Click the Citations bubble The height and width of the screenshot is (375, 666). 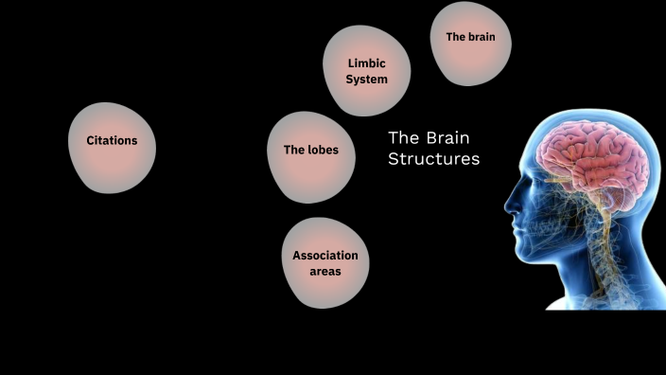point(113,147)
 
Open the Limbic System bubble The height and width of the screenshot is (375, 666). point(366,71)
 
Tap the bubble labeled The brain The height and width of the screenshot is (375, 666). point(470,44)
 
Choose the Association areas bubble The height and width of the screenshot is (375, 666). point(325,263)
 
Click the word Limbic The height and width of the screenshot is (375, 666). point(366,63)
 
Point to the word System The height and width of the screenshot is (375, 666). point(366,80)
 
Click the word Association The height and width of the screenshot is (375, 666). point(325,256)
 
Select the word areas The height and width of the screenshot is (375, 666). point(325,272)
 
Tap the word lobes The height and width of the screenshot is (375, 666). point(323,150)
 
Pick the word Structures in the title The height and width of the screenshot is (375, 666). point(433,159)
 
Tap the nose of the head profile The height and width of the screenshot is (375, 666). point(508,205)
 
